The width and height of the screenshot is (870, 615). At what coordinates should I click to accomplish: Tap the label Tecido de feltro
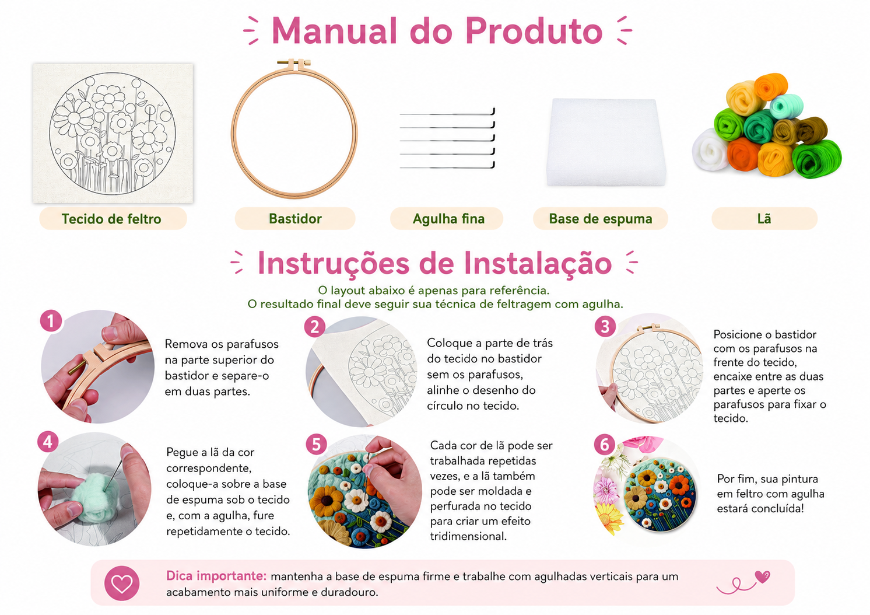coord(111,219)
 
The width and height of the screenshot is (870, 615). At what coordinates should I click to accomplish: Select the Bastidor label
coord(295,218)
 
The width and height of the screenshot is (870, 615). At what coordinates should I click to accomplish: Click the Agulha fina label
coord(448,219)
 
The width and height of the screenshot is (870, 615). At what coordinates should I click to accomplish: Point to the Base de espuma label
coord(601,219)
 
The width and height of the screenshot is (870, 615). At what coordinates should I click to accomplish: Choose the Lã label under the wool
coord(764,218)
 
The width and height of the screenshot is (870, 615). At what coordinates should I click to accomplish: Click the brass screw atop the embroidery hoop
coord(294,62)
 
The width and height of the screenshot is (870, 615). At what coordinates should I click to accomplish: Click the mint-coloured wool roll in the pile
coord(787,106)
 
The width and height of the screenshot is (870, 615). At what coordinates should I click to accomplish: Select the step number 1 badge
coord(51,321)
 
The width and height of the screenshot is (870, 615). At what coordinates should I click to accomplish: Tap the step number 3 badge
coord(605,327)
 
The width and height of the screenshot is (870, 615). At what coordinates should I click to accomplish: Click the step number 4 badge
coord(48,442)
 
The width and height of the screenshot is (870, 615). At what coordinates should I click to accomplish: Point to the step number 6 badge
coord(605,445)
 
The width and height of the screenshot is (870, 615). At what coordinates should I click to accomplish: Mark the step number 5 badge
coord(317,445)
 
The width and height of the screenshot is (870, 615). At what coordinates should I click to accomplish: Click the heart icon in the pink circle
coord(121,583)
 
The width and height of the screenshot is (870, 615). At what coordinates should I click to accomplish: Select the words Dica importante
coord(216,576)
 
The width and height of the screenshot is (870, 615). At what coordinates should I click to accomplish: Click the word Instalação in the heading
coord(538,264)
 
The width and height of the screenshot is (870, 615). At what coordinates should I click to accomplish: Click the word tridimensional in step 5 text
coord(468,536)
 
